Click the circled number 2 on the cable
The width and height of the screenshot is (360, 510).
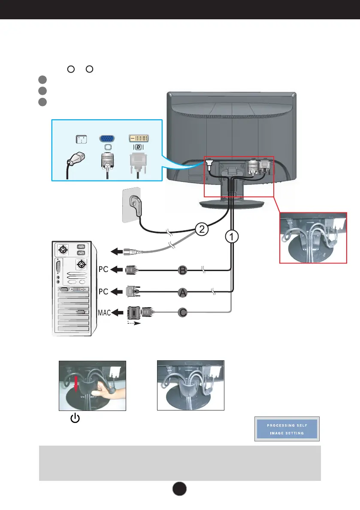(x=201, y=229)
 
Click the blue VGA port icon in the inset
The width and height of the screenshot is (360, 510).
(x=107, y=139)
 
